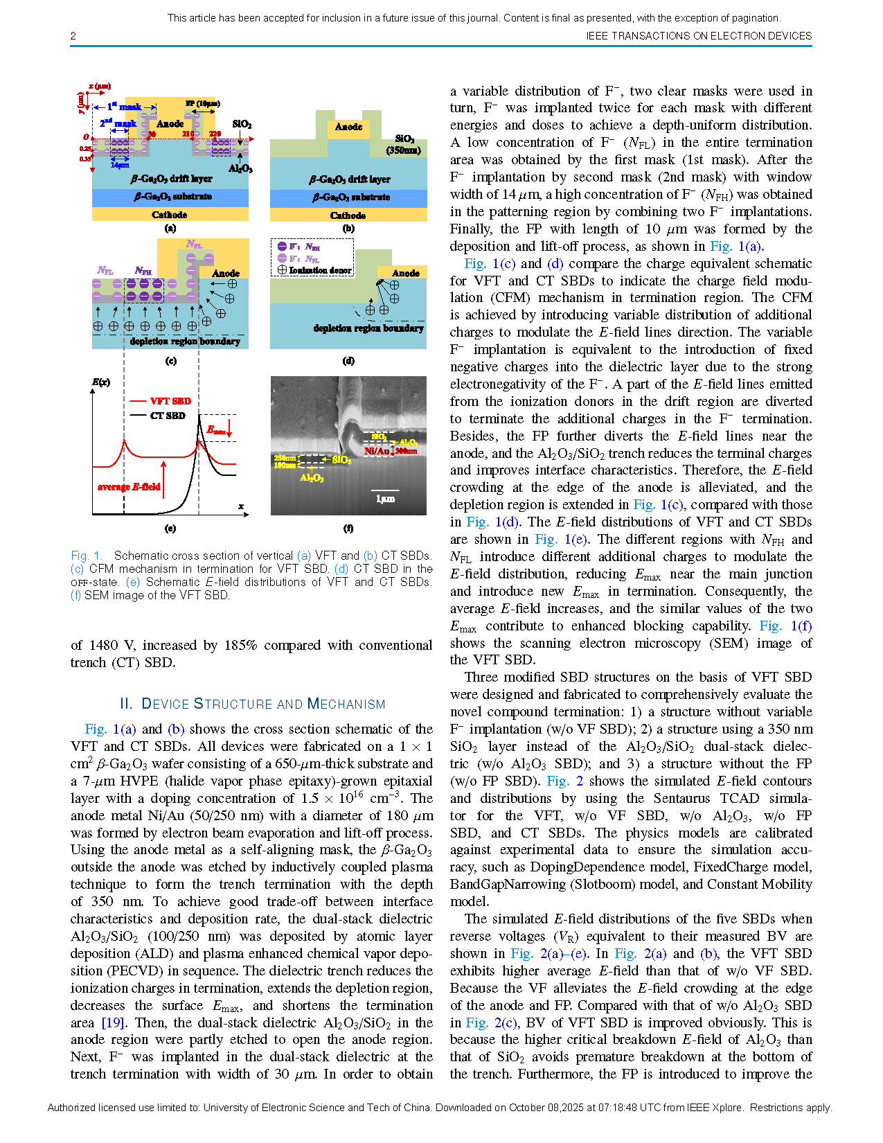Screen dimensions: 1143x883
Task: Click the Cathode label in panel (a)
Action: (170, 215)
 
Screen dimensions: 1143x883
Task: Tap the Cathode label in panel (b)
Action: (348, 215)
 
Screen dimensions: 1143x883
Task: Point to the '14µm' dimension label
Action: (120, 165)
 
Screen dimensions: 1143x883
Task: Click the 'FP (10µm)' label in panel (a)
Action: (202, 103)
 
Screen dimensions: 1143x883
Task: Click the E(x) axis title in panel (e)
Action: (101, 382)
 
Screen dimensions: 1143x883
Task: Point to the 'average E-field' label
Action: (129, 487)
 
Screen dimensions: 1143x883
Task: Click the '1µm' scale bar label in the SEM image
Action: (385, 499)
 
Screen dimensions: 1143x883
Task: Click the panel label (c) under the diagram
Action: (170, 361)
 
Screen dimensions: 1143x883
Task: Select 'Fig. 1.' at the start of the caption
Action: (87, 556)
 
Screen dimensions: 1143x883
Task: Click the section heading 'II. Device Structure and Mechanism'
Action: (252, 704)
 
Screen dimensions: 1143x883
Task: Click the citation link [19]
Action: (113, 1022)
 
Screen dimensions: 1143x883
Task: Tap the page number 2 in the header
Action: (73, 36)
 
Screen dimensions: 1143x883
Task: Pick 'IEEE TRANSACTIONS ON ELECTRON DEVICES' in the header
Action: (698, 36)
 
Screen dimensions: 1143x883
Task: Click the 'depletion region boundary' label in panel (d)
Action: (368, 328)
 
